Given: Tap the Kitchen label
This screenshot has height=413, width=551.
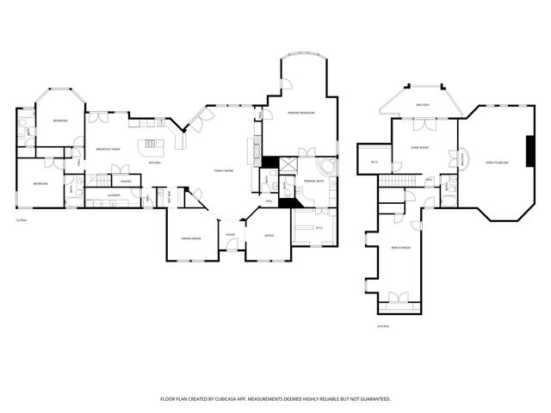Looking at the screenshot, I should [x=155, y=163].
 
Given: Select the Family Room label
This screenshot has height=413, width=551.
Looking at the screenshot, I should [x=224, y=171].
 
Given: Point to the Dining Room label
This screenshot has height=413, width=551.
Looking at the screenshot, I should [x=190, y=238].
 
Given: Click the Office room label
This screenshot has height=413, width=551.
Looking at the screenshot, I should [x=269, y=236].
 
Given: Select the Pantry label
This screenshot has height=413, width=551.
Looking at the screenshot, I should [x=126, y=182].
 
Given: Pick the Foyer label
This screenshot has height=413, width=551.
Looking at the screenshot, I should [x=231, y=235].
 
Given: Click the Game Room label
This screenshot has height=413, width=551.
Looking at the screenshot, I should [x=419, y=148].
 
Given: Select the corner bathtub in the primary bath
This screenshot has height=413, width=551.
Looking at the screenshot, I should [x=327, y=165].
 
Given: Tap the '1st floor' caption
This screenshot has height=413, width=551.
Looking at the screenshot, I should [x=21, y=221].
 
